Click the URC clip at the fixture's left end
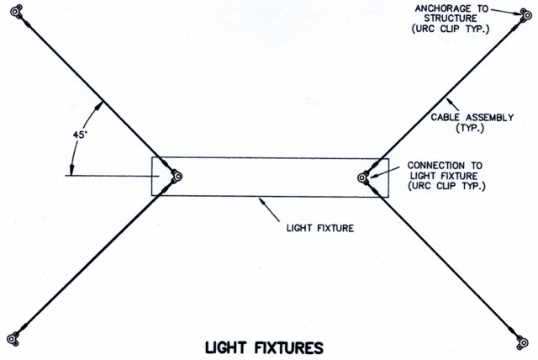pos(177,177)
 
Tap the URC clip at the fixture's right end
pos(362,177)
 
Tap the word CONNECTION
pos(437,166)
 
